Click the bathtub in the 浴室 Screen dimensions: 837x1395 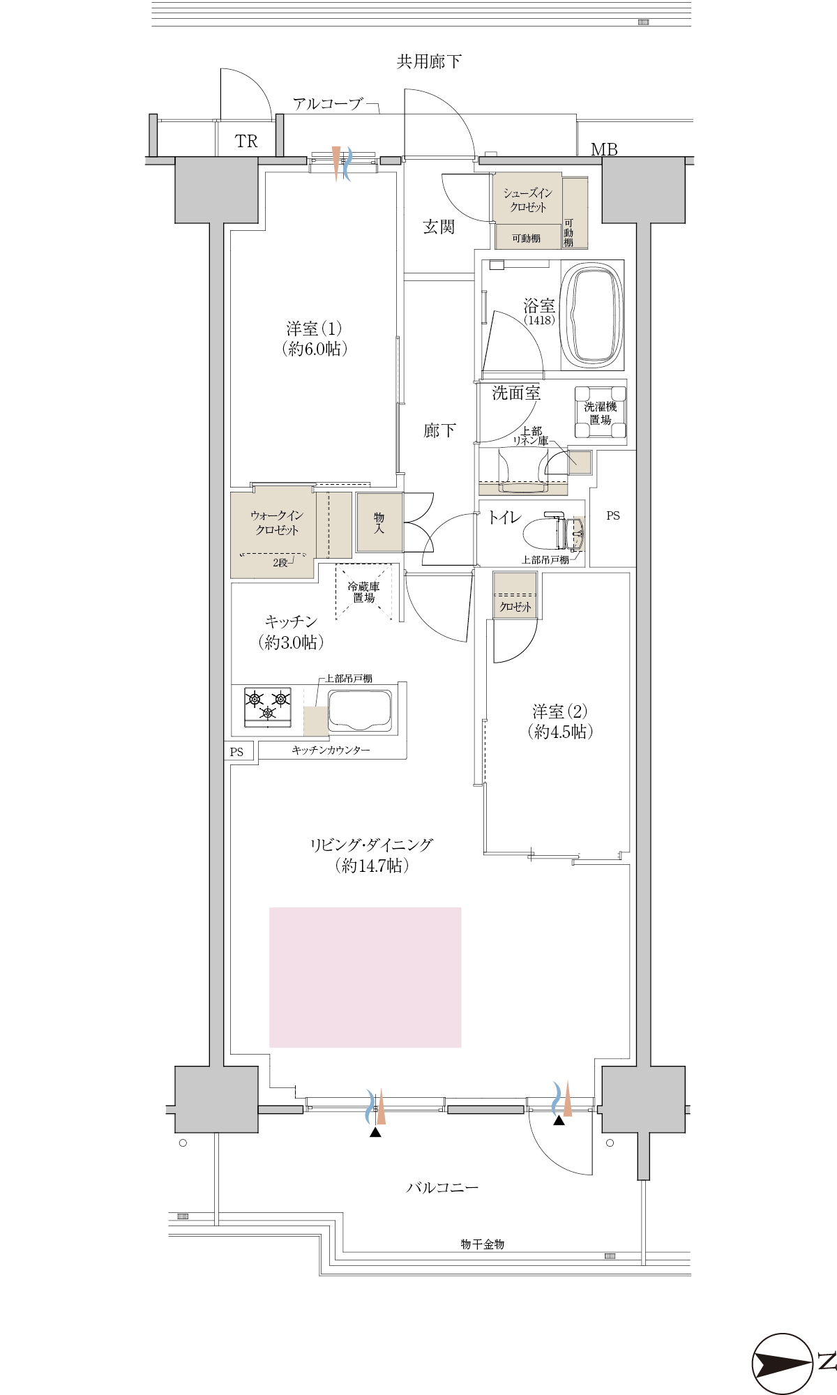coord(592,315)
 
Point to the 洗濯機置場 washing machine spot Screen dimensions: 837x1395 coord(600,412)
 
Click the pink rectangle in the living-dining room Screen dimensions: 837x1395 coord(365,977)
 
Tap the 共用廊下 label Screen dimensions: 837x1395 coord(429,62)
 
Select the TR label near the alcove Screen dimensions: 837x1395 coord(246,142)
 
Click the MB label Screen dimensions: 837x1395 coord(604,149)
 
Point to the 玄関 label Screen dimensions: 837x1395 coord(439,227)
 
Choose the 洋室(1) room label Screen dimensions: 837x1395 coord(315,338)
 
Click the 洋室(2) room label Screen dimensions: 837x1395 coord(560,721)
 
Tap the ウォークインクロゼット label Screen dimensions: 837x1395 coord(276,522)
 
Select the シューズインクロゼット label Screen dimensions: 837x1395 coord(528,200)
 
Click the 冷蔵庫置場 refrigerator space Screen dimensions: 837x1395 coord(363,591)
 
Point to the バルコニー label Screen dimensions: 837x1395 coord(442,1187)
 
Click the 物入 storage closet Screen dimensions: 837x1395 coord(379,522)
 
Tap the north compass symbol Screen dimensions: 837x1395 coord(783,1364)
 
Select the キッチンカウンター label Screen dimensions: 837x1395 coord(331,750)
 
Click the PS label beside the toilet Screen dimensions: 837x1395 coord(613,515)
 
